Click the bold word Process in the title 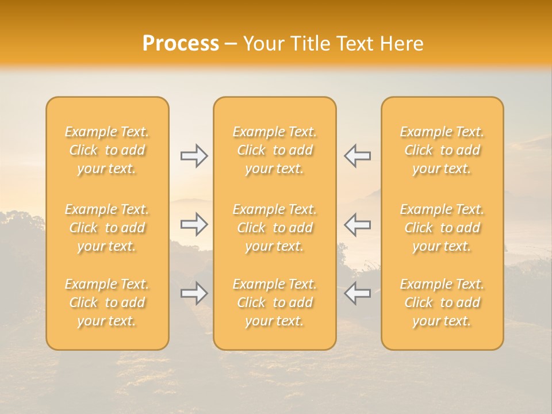point(181,44)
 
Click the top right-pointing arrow point(194,156)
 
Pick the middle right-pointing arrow point(194,224)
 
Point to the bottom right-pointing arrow point(194,293)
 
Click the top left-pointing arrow point(357,156)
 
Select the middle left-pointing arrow point(357,224)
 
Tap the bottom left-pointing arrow point(357,293)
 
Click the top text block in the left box point(107,150)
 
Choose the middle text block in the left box point(107,228)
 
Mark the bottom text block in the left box point(107,302)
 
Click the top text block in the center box point(274,150)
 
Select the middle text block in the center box point(274,228)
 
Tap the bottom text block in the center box point(274,302)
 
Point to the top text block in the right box point(442,150)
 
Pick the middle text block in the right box point(442,228)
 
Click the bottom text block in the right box point(442,302)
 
